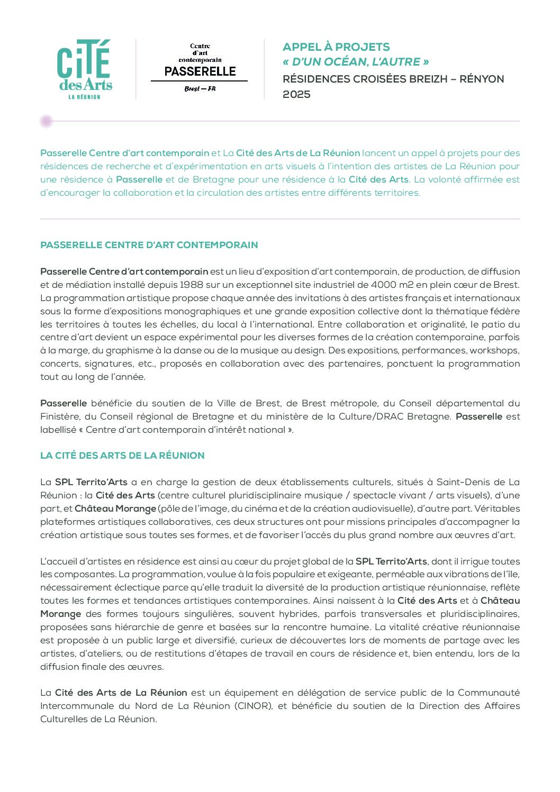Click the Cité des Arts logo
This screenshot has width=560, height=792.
coord(85,69)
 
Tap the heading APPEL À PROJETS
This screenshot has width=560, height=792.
coord(336,47)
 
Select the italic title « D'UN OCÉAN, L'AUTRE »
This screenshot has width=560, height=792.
coord(356,62)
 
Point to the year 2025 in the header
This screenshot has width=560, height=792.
coord(296,95)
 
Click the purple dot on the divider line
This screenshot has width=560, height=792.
coord(46,121)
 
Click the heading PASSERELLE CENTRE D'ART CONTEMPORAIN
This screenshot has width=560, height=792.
coord(149,245)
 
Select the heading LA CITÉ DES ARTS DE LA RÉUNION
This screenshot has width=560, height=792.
coord(122,456)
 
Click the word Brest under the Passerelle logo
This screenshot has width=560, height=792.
coord(192,89)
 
